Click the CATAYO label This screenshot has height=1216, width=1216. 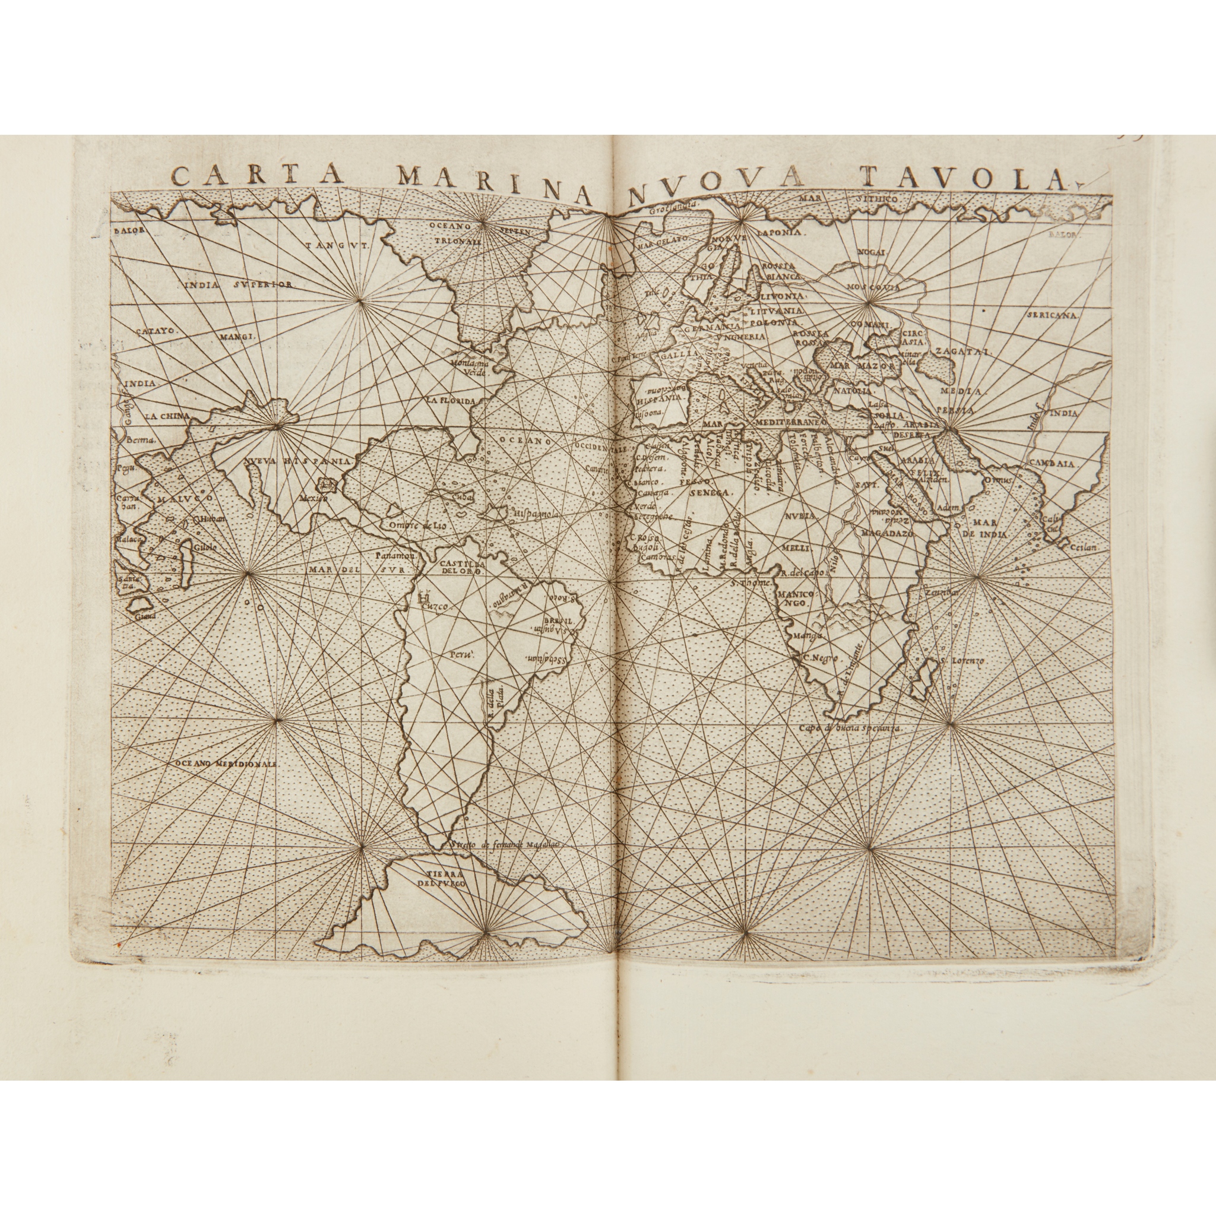159,328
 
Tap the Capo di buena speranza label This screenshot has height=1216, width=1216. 849,727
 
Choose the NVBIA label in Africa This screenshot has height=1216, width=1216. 799,515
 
